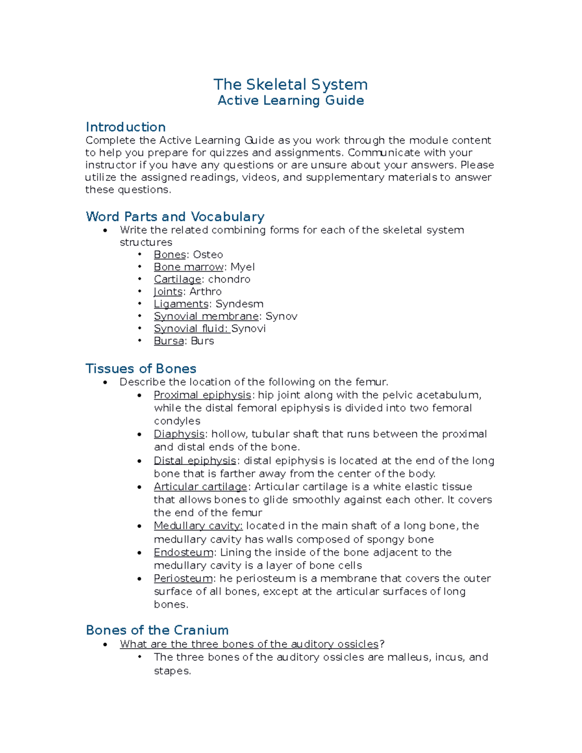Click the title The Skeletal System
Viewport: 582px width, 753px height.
point(291,84)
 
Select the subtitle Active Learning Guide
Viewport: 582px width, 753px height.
point(291,100)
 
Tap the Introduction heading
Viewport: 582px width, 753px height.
point(126,127)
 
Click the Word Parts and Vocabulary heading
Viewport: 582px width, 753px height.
point(175,216)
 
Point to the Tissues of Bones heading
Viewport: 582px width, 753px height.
point(141,368)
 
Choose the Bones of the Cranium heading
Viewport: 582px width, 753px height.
point(157,630)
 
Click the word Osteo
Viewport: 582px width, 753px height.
point(208,255)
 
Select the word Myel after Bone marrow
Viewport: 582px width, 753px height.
point(242,267)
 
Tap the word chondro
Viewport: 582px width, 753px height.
point(229,279)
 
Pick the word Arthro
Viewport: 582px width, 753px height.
point(205,291)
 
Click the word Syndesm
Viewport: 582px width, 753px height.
point(239,304)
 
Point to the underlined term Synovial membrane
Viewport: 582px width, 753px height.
point(206,316)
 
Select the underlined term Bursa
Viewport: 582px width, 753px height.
point(169,341)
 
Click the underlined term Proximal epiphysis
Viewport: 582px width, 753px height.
point(202,395)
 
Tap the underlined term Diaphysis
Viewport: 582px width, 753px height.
point(179,434)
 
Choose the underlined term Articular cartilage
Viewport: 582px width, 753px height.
point(200,487)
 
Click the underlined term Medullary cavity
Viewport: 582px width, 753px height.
point(198,526)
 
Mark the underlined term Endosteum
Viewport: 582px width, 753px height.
point(183,552)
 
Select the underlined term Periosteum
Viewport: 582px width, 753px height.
point(183,578)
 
